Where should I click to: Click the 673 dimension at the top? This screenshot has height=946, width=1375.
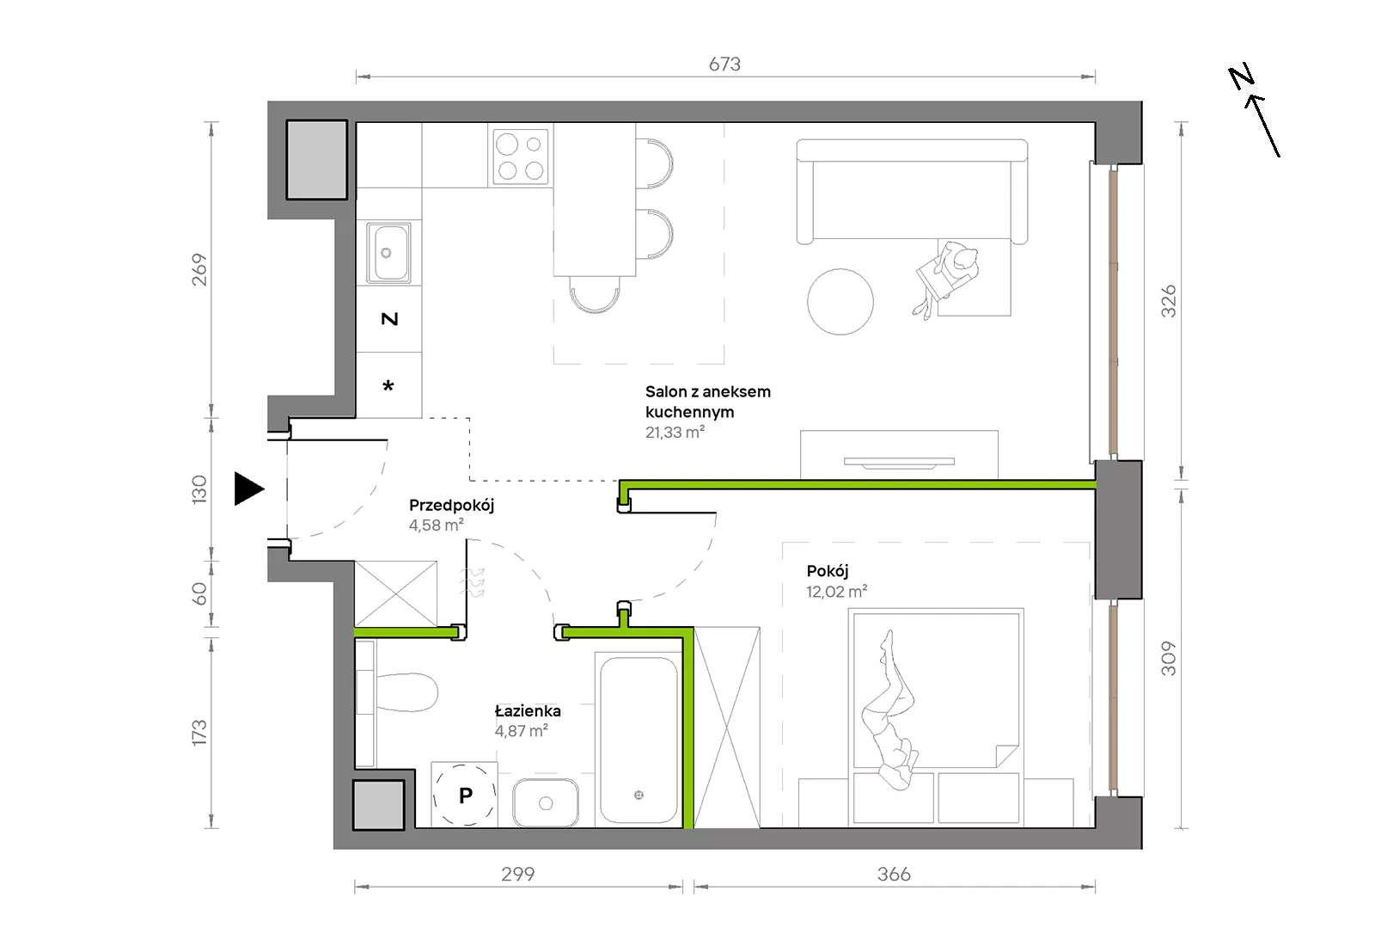724,64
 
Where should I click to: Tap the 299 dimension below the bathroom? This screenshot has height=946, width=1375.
517,874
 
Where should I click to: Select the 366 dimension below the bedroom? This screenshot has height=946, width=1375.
894,874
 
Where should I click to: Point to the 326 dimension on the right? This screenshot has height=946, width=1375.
1169,301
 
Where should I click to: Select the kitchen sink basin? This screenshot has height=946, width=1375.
388,252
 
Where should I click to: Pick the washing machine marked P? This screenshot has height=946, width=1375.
464,795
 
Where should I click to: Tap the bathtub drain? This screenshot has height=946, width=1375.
639,795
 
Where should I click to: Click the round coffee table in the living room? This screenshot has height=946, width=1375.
840,302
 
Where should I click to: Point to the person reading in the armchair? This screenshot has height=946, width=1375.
946,279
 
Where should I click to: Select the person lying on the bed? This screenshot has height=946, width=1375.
891,709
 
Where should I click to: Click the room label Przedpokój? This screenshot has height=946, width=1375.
451,506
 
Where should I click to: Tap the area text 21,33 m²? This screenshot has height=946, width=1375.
675,432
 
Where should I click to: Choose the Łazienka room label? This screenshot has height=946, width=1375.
528,710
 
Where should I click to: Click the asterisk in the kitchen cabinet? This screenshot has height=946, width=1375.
388,386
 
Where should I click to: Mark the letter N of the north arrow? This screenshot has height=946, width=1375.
1241,77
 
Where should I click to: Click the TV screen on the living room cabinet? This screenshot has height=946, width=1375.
899,462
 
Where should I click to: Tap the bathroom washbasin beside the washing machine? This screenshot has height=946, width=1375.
545,803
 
